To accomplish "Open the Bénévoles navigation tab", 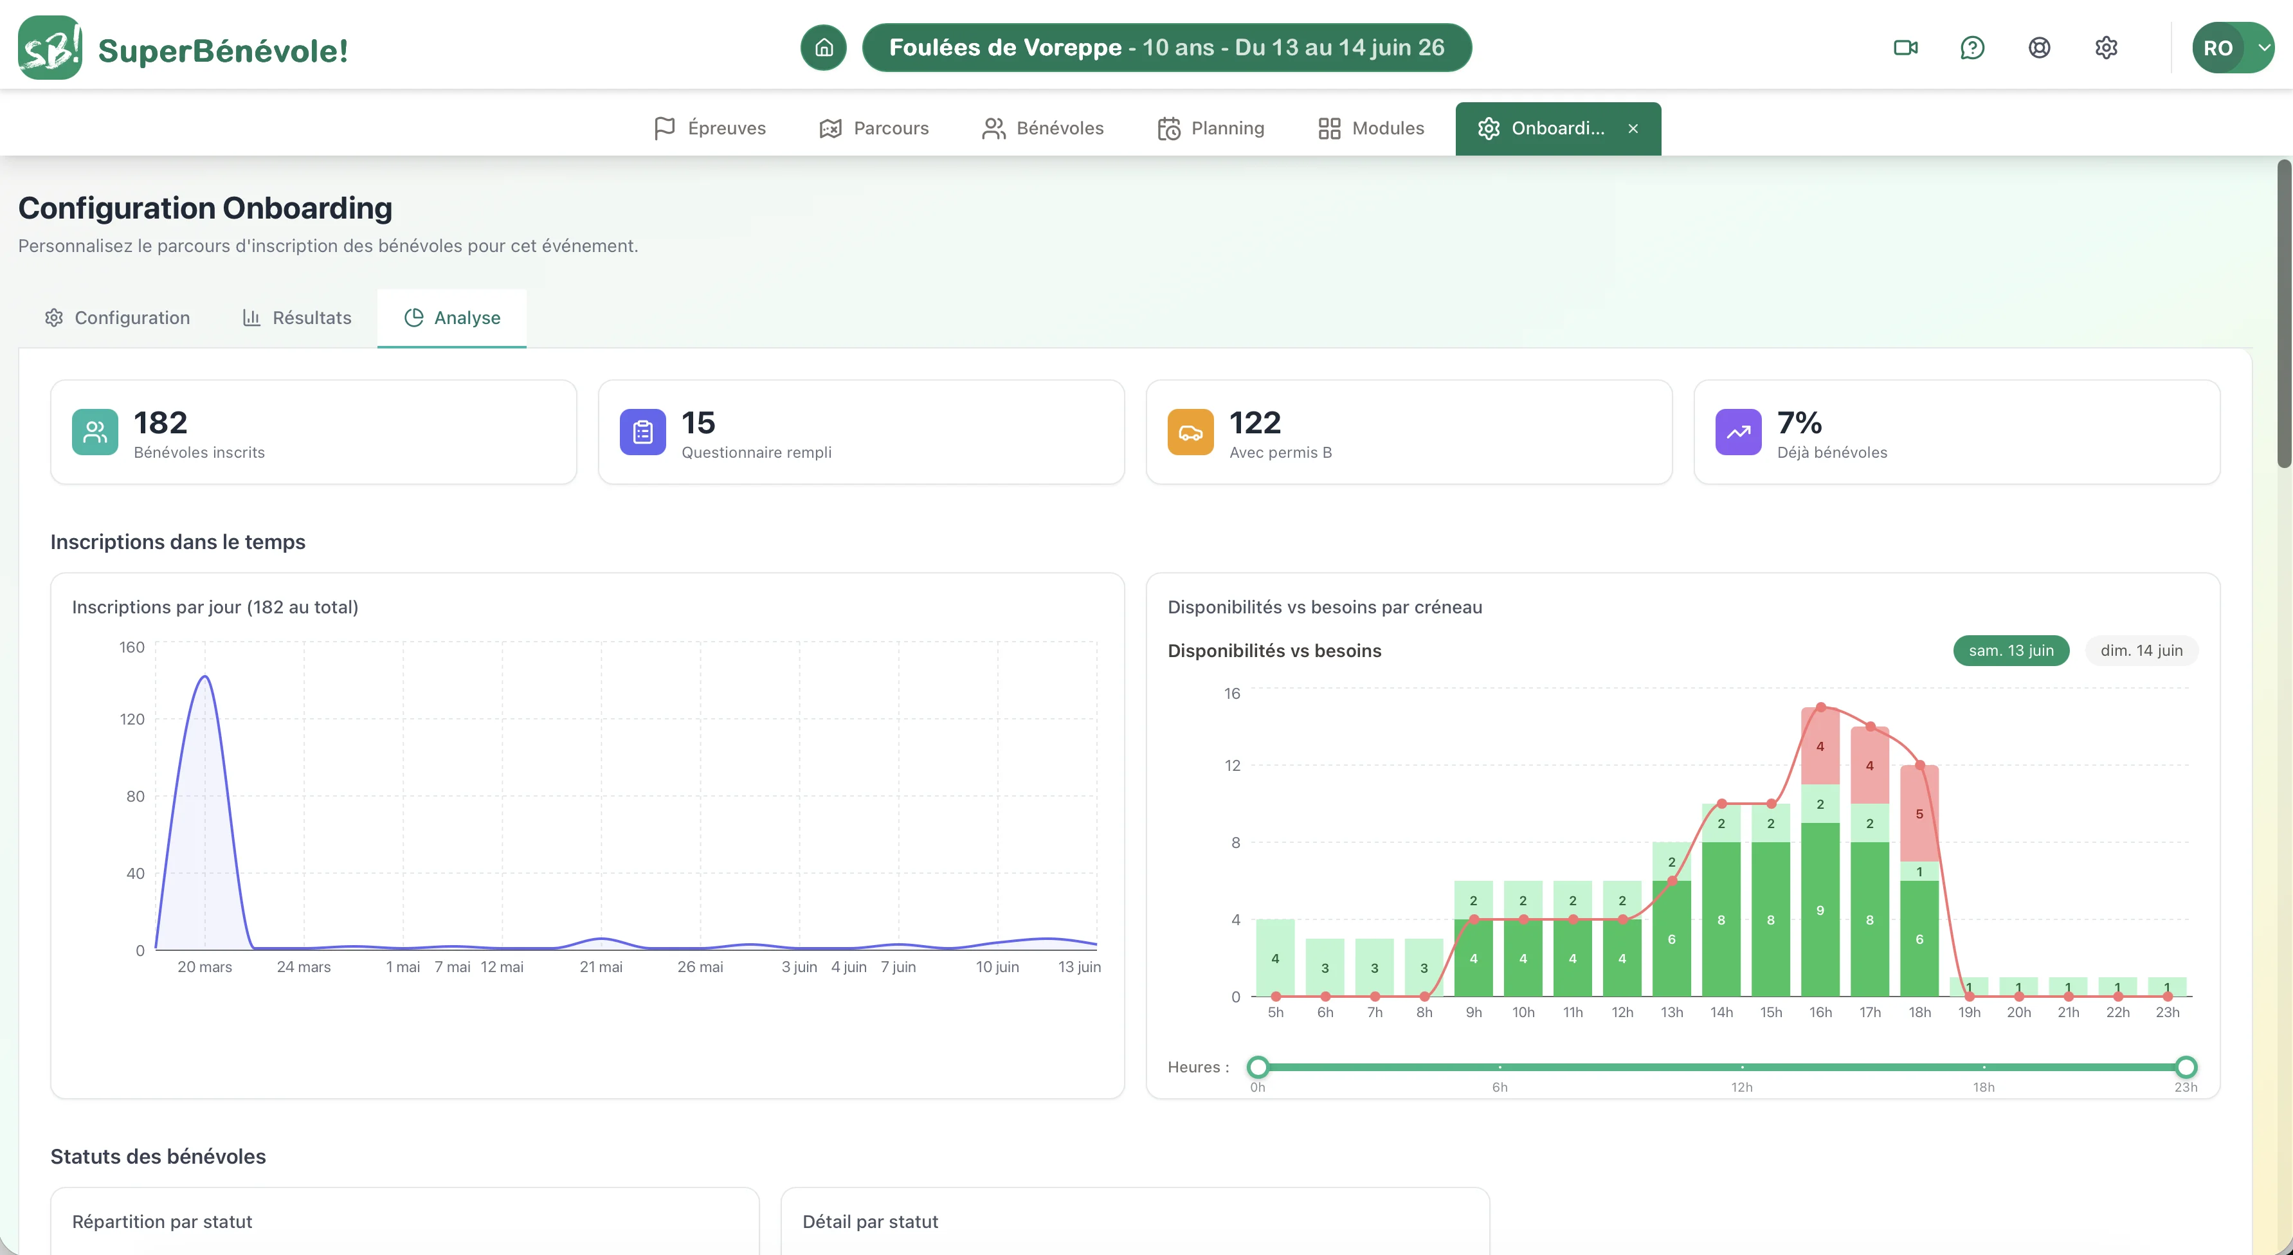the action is (1042, 128).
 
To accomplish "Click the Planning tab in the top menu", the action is (1211, 128).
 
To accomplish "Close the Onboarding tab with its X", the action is (1633, 128).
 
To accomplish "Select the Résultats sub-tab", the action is (297, 318).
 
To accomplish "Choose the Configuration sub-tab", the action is (118, 318).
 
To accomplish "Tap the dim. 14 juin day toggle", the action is (2142, 651).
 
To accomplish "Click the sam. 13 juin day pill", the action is (2011, 651).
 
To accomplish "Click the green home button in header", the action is (823, 47).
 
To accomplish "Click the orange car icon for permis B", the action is (1190, 431).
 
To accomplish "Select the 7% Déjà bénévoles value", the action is (1799, 423).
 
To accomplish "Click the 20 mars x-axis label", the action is (204, 966).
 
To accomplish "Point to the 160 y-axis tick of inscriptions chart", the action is (132, 647).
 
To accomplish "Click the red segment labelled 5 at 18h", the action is (1919, 813).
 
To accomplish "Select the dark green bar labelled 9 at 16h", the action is (1820, 910).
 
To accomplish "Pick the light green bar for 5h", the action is (1276, 958).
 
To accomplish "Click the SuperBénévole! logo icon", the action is (50, 47).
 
